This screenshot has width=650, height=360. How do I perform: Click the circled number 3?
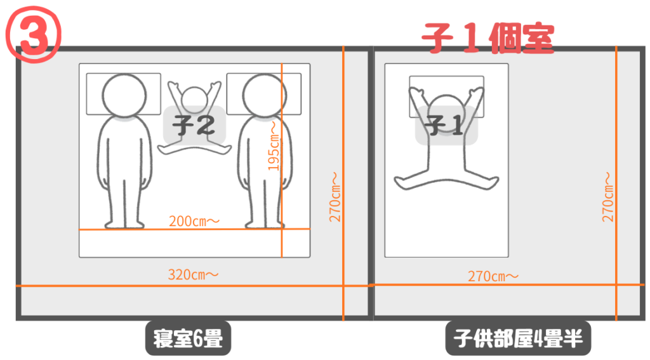click(x=34, y=35)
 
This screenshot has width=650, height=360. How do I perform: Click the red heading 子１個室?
click(x=488, y=38)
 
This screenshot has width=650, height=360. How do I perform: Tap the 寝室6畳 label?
click(x=188, y=338)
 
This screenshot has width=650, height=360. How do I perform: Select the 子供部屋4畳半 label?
click(x=518, y=338)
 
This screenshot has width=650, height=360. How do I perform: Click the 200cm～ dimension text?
click(x=194, y=221)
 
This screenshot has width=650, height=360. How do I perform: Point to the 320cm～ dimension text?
click(x=193, y=274)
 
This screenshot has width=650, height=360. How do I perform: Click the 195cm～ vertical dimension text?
click(x=274, y=145)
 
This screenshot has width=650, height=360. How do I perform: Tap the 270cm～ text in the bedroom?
click(x=335, y=197)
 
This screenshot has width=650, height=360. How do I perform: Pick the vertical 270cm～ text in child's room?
click(x=607, y=197)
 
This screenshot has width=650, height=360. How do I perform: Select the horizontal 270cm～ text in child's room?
click(x=493, y=276)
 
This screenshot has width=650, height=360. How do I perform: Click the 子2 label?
click(x=194, y=125)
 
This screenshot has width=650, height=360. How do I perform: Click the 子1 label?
click(x=446, y=125)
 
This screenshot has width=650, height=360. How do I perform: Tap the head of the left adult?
click(x=124, y=96)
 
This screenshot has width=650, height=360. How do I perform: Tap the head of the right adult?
click(x=265, y=96)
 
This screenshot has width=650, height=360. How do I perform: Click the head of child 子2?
click(x=194, y=100)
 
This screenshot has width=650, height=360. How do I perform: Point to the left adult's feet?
click(x=124, y=224)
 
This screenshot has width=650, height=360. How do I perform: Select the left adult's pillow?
click(x=124, y=94)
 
